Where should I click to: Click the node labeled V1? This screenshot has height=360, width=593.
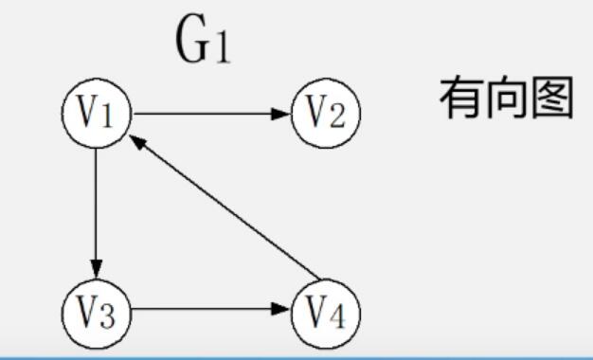[x=97, y=114]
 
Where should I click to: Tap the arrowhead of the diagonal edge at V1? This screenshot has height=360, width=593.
[x=137, y=142]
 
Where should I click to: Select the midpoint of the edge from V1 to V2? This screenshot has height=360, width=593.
[x=211, y=114]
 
